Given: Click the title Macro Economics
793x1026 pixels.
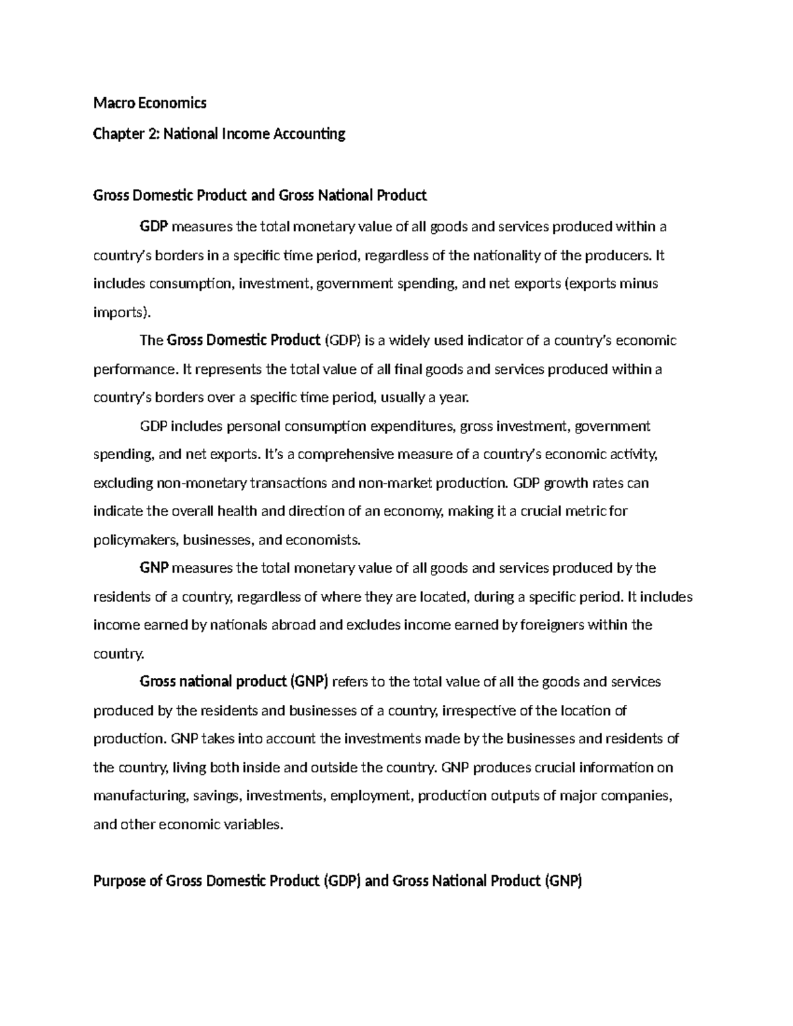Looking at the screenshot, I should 150,103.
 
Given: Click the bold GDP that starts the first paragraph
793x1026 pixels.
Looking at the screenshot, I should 155,227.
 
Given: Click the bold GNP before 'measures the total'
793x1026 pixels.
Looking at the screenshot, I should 155,568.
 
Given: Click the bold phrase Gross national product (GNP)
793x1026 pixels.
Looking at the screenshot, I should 234,682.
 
